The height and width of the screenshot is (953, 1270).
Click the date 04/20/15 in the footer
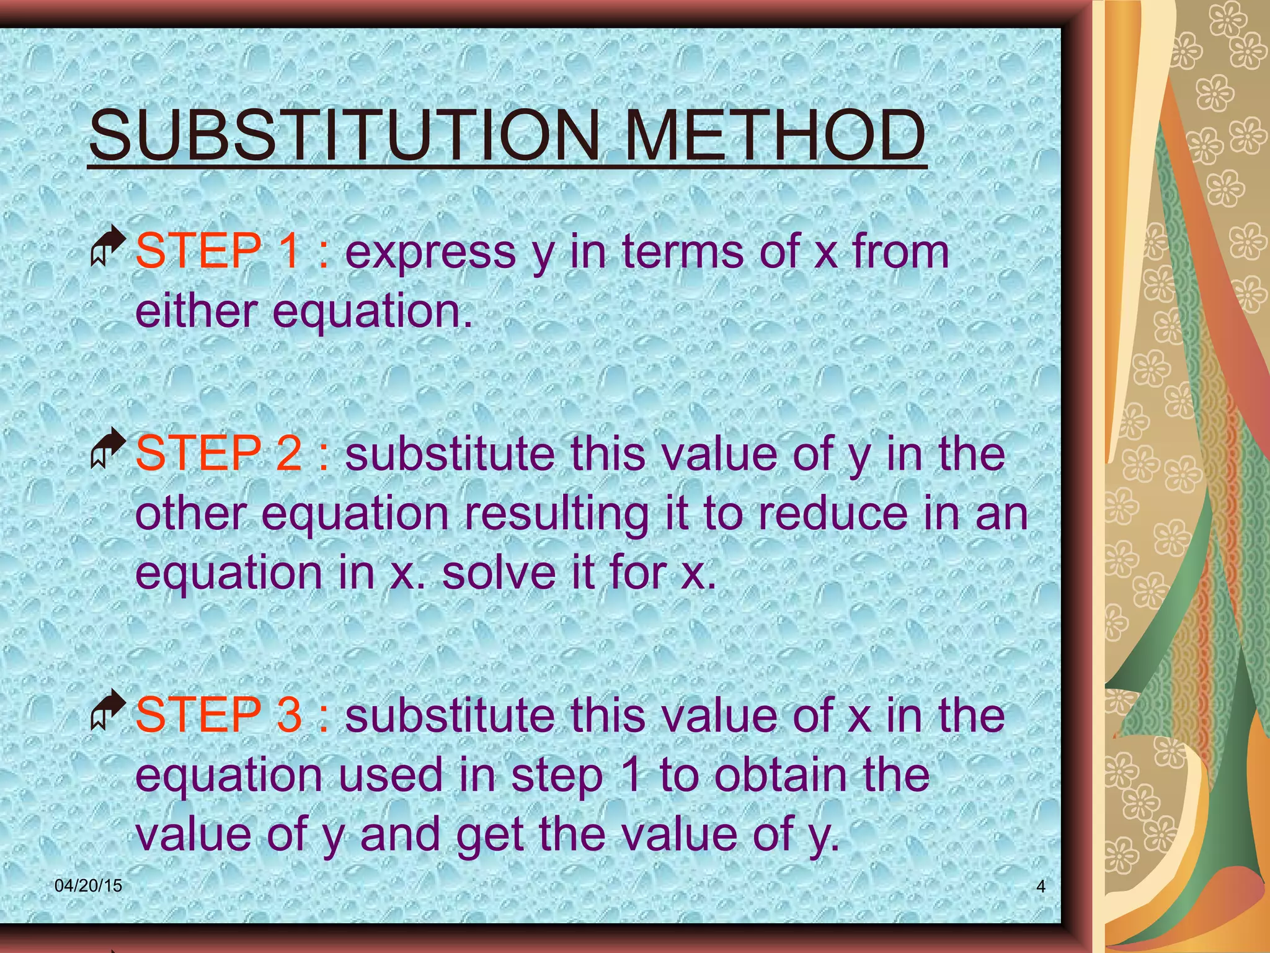(88, 886)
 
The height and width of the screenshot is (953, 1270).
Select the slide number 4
(1041, 887)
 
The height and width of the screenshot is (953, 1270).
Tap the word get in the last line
(491, 835)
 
